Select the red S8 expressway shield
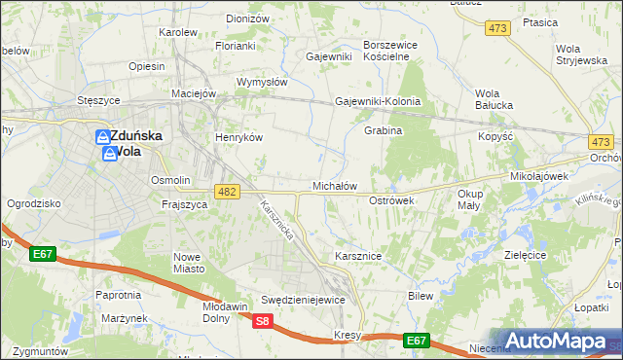[262, 320]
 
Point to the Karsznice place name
[357, 256]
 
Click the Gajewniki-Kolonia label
[378, 101]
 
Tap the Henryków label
[239, 138]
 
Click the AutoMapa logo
[554, 342]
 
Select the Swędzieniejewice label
[303, 300]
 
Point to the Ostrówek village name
[392, 199]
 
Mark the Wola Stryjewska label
[581, 54]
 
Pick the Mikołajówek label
[539, 177]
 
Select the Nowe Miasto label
[187, 263]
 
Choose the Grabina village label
[384, 130]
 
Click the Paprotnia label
[119, 295]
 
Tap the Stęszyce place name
[98, 100]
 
